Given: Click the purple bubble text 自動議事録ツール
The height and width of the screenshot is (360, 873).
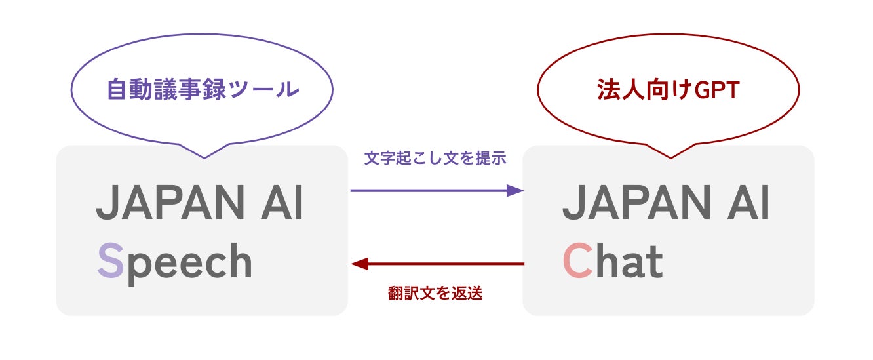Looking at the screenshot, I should pos(203,90).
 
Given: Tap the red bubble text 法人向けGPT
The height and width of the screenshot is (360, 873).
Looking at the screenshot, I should pos(668,90).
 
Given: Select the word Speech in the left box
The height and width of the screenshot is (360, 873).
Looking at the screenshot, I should pos(174,262).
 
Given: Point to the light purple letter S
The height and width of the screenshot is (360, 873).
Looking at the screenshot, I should pos(110,262).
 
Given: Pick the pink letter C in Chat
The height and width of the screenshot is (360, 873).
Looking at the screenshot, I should pos(577,261).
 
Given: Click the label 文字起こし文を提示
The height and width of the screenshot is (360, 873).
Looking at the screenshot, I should pos(435,158).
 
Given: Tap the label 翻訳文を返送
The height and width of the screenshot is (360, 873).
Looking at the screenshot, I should pos(435,294).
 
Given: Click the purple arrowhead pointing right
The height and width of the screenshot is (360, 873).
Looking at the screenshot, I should pos(516,191).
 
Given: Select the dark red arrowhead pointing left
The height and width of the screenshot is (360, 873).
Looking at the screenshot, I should pos(359,264).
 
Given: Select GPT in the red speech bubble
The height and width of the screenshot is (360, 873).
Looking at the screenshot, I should pos(716,90).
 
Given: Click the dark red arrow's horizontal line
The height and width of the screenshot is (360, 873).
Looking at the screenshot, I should pos(446,264).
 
